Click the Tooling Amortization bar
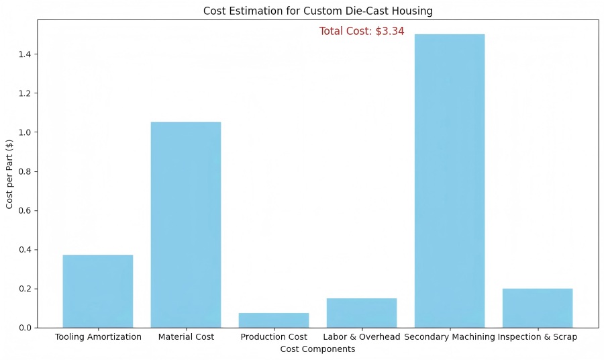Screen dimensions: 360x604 coord(98,291)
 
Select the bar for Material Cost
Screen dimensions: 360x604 coord(186,225)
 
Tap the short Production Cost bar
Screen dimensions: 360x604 coord(274,320)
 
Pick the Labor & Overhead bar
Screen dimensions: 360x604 coord(362,313)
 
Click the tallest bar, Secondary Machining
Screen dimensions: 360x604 coord(450,181)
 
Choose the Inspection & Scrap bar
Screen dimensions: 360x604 coord(538,308)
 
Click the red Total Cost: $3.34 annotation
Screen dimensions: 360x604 coord(362,31)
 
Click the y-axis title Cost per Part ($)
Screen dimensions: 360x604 coord(10,174)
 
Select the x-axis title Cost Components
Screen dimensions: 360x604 coord(317,349)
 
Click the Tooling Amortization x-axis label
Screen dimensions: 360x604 coord(98,337)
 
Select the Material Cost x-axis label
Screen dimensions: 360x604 coord(186,337)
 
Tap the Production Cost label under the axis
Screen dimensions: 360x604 coord(274,337)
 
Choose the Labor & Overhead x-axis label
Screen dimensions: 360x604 coord(362,337)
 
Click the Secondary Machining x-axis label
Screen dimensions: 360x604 coord(449,337)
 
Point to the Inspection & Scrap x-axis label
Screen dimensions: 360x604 coord(538,337)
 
